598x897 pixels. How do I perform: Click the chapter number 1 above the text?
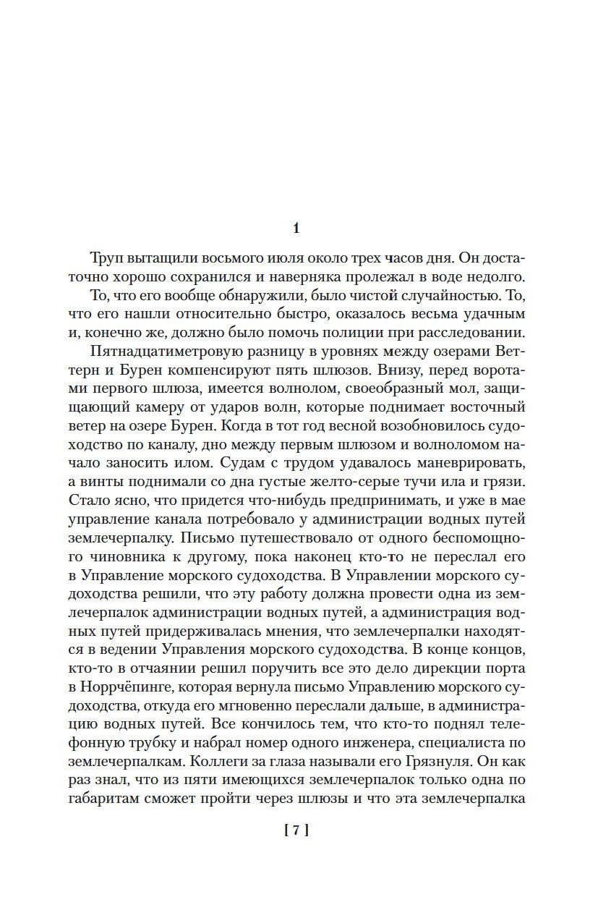point(296,229)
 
